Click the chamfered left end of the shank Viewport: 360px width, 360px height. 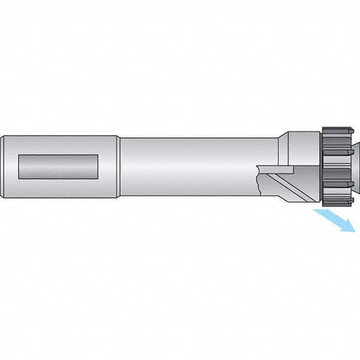click(3, 166)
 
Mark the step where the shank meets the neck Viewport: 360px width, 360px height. click(119, 166)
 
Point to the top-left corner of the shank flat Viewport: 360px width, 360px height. click(19, 155)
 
